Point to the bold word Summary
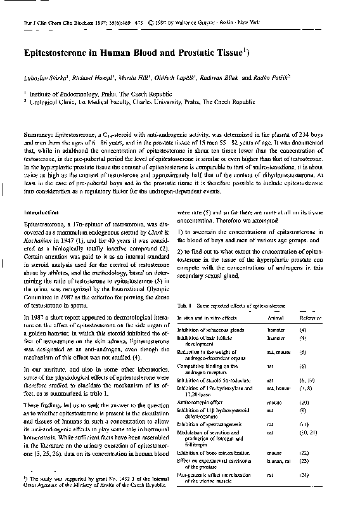[x=39, y=136]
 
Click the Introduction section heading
[x=42, y=212]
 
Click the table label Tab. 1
[x=184, y=306]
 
